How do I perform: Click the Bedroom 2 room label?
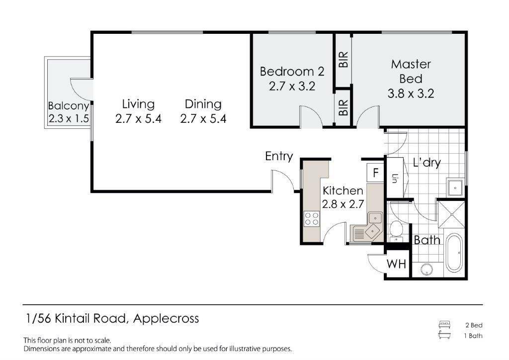click(x=292, y=71)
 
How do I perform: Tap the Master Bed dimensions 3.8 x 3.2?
click(x=411, y=93)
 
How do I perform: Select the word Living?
click(x=138, y=104)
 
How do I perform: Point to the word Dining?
click(x=203, y=104)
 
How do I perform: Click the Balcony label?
click(x=69, y=106)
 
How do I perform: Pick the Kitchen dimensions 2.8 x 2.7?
click(x=343, y=204)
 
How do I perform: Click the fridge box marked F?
click(x=376, y=173)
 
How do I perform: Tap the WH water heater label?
click(x=396, y=264)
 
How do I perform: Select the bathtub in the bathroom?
click(x=454, y=253)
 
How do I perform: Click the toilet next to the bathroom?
click(x=396, y=230)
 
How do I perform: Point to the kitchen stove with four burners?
click(x=312, y=218)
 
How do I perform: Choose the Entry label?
click(x=279, y=157)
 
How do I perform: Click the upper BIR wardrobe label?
click(x=343, y=59)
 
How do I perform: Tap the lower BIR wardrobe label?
click(x=343, y=108)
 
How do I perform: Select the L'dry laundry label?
click(x=427, y=162)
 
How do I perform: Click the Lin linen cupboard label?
click(x=395, y=178)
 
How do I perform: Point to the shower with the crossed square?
click(x=451, y=214)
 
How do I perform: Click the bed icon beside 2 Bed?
click(x=444, y=325)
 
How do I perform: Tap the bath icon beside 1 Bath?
click(x=444, y=335)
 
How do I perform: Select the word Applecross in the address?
click(x=166, y=319)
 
